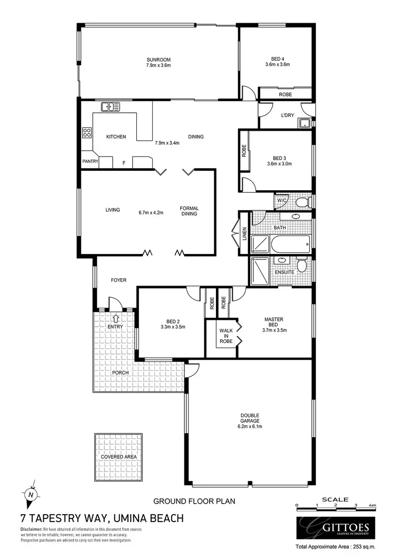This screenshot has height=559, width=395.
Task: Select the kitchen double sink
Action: tap(111, 106)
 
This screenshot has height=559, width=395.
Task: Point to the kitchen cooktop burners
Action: tap(86, 132)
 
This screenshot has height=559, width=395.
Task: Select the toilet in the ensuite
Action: tap(301, 264)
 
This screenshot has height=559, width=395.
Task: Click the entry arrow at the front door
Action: tap(115, 318)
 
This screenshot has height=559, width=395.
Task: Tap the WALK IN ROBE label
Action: tap(226, 336)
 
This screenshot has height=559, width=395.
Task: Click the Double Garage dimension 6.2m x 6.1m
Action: tap(249, 426)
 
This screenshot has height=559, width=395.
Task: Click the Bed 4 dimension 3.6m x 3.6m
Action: tap(278, 65)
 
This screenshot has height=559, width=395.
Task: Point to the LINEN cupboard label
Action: tap(244, 233)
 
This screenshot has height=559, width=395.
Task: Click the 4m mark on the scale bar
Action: tap(372, 505)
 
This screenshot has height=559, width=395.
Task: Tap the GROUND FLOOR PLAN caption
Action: tap(194, 501)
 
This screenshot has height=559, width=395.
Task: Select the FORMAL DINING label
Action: tap(189, 211)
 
